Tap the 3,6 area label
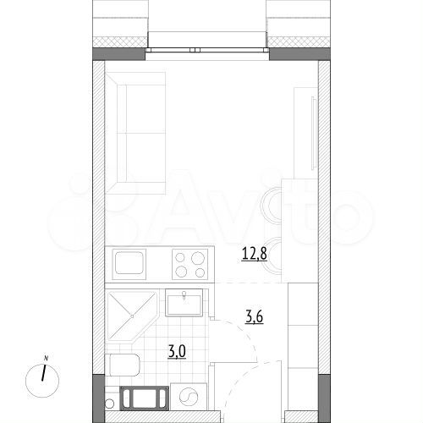(252, 318)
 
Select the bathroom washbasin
(183, 302)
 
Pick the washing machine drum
(189, 395)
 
